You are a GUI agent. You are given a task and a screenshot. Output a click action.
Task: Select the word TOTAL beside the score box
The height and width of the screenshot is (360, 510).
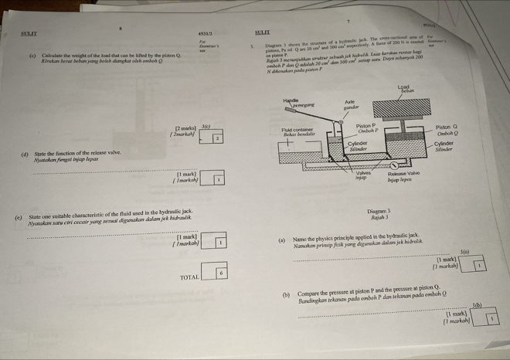click(189, 276)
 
